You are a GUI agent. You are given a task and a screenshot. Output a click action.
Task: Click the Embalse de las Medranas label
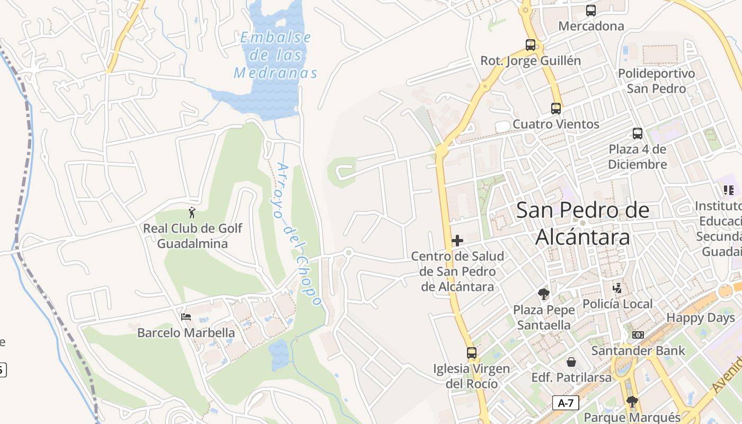[276, 55]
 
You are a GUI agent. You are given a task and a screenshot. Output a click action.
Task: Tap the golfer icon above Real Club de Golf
[192, 213]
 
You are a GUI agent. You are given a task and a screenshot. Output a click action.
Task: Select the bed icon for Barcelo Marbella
[186, 317]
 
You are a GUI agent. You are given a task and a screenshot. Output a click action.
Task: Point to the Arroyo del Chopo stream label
[297, 233]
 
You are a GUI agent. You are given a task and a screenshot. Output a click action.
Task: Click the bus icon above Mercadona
[591, 10]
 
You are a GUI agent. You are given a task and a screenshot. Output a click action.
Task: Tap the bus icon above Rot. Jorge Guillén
[531, 45]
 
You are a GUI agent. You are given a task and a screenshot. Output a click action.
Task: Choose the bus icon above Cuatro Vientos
[556, 109]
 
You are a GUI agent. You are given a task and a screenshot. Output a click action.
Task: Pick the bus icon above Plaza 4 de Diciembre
[638, 134]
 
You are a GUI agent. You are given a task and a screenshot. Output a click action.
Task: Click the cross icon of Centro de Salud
[457, 241]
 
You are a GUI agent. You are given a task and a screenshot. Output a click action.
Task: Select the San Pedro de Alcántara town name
[582, 223]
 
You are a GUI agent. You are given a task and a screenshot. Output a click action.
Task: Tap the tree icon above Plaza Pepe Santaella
[543, 294]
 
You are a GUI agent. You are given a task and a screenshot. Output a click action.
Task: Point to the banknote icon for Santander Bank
[638, 335]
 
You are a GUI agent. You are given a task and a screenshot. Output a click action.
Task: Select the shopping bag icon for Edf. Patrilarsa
[571, 362]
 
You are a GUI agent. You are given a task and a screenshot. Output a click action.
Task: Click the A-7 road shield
[566, 403]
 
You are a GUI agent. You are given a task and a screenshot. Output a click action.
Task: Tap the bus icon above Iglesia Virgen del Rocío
[471, 352]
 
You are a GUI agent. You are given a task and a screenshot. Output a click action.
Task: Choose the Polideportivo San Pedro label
[656, 81]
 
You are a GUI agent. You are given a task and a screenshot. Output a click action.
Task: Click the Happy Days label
[701, 318]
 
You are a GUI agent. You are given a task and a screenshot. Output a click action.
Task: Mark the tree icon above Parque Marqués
[631, 401]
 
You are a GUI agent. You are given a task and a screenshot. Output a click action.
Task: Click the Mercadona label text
[591, 26]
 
